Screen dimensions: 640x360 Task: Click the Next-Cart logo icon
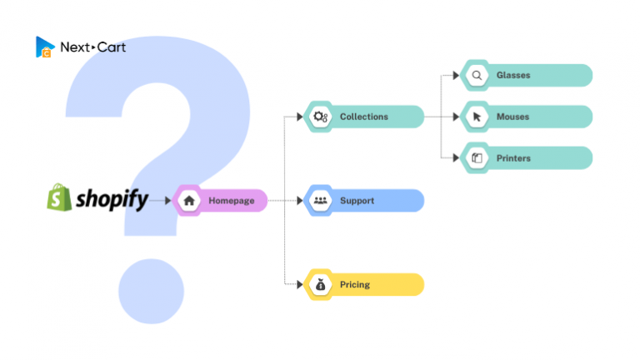pos(45,47)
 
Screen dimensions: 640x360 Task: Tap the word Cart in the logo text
pos(112,47)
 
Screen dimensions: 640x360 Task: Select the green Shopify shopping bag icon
pos(59,197)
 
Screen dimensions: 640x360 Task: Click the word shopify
pos(112,200)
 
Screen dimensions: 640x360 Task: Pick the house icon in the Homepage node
pos(189,200)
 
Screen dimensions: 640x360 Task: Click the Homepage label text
pos(232,200)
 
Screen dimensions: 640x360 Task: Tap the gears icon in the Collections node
pos(320,117)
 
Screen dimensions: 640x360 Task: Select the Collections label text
pos(364,117)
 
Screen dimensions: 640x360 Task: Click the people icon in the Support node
pos(320,200)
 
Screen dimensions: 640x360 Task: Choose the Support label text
pos(357,201)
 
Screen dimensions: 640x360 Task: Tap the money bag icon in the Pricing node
pos(320,284)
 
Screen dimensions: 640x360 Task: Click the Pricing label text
pos(355,284)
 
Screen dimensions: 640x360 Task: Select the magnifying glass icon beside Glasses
pos(477,76)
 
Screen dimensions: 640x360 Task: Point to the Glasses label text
pos(513,75)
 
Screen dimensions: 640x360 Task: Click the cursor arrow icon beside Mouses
pos(477,117)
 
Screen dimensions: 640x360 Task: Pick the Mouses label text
pos(512,117)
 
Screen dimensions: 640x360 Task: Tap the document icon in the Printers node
pos(477,158)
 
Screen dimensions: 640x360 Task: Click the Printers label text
pos(513,158)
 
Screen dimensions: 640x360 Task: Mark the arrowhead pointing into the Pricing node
pos(300,284)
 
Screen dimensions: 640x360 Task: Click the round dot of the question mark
pos(152,292)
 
